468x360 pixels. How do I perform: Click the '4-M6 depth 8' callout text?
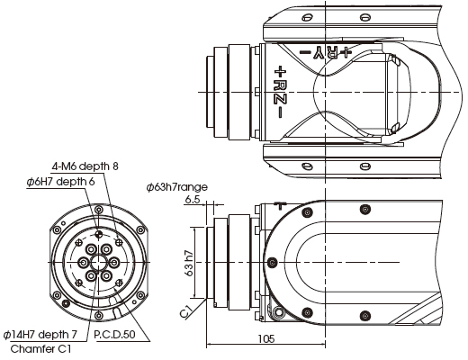point(85,166)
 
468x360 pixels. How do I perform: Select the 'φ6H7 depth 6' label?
point(60,182)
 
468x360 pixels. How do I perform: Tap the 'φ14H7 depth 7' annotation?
point(40,334)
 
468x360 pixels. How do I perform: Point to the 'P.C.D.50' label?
point(114,334)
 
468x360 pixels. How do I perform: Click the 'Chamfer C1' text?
point(40,349)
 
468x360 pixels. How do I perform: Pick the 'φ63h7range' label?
point(177,187)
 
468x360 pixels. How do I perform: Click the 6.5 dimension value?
point(193,200)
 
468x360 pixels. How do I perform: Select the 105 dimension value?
point(266,338)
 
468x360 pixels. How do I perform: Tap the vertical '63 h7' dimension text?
point(189,263)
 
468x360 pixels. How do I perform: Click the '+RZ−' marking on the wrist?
point(280,92)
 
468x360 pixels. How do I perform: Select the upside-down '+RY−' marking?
point(325,52)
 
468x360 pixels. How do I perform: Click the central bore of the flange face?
point(98,263)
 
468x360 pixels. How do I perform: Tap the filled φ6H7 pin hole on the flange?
point(98,234)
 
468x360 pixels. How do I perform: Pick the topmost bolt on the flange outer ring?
point(98,210)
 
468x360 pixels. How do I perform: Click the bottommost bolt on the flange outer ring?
point(98,316)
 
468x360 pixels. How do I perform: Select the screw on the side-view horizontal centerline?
point(272,263)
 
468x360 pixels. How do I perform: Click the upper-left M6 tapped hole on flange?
point(78,243)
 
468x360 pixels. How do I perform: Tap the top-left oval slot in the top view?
point(307,18)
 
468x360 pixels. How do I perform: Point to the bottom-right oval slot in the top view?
point(364,166)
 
